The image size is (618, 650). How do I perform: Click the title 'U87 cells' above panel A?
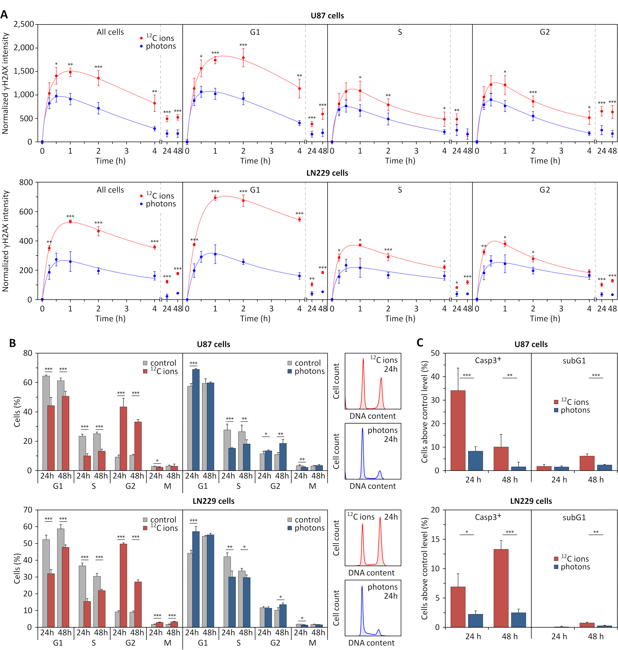click(327, 15)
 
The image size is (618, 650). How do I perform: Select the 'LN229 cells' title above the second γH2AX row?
click(327, 173)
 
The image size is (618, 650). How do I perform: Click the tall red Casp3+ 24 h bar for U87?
click(458, 430)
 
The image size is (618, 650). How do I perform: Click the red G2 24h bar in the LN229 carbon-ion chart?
click(123, 585)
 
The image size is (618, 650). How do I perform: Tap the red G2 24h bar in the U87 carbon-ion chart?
click(123, 438)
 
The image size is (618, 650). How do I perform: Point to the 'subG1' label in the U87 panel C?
click(574, 361)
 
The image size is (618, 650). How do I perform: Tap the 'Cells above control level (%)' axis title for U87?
click(424, 412)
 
